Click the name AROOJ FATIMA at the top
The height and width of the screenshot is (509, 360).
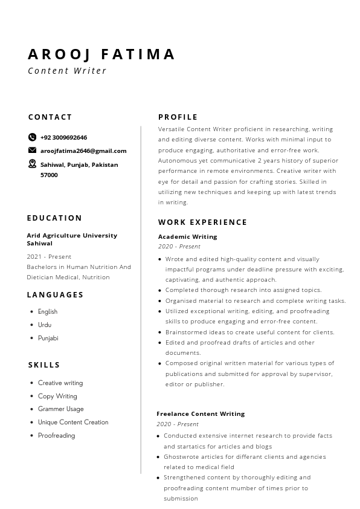click(101, 54)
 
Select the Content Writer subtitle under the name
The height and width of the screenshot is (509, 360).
click(67, 71)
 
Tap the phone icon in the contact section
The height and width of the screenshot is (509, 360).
click(32, 137)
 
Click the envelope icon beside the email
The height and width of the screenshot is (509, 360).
click(32, 151)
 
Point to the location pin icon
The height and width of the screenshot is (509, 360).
click(32, 164)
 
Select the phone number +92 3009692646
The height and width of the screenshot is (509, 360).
click(63, 137)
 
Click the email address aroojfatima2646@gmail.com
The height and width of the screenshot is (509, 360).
click(83, 151)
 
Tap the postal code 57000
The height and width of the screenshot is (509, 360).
click(49, 175)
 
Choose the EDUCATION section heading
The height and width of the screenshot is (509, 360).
click(54, 218)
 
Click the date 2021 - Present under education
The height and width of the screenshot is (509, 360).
click(49, 256)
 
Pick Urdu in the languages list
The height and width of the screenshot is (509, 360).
click(45, 325)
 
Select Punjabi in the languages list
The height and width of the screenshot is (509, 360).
click(48, 338)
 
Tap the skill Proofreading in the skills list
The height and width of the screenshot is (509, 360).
click(56, 435)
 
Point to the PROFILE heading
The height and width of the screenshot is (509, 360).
click(178, 117)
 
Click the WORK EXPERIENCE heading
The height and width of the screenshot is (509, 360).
click(202, 222)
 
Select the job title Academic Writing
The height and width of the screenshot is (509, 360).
click(187, 236)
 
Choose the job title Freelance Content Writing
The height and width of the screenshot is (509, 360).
click(201, 413)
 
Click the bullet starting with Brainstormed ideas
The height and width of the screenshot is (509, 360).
click(249, 332)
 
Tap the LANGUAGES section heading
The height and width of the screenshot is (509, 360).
click(55, 295)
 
